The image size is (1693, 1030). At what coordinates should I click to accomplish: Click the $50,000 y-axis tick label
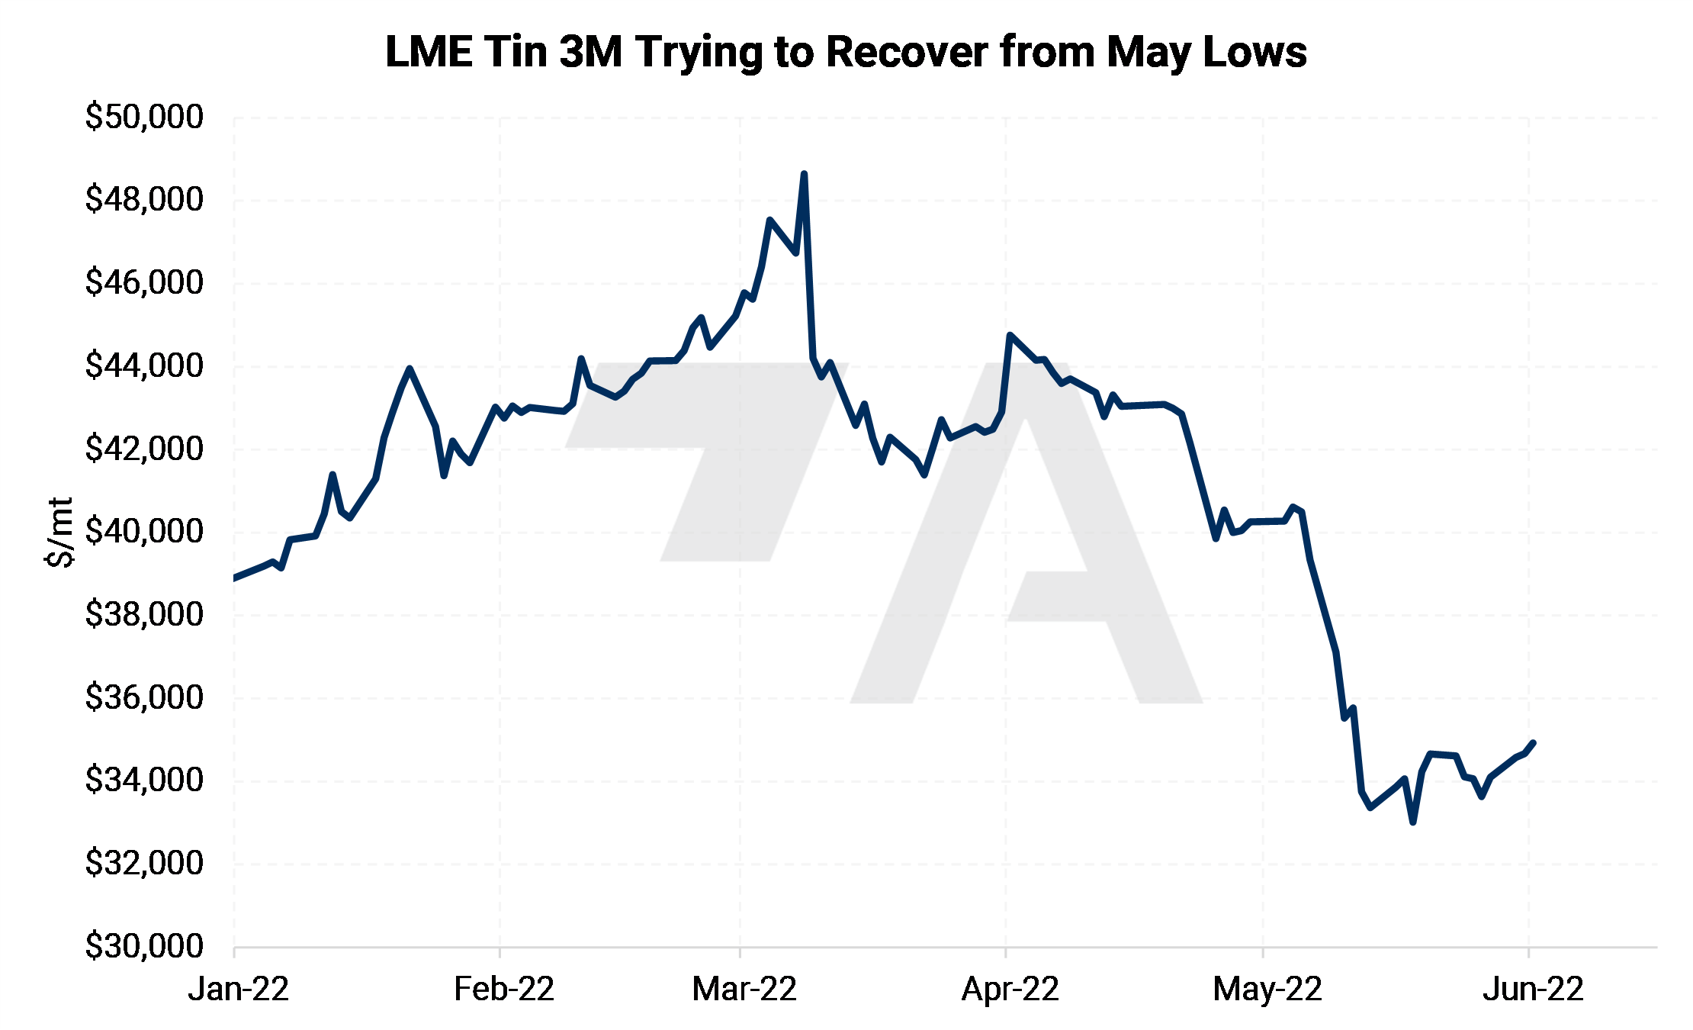pos(144,117)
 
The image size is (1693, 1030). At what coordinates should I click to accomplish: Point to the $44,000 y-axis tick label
pos(144,366)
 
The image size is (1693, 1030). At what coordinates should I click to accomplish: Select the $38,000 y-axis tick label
pos(144,615)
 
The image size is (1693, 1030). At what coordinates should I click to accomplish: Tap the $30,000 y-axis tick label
pos(144,947)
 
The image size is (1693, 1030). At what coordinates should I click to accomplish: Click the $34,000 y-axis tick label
pos(144,781)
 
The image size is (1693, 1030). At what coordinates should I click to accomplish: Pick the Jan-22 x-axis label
pos(238,990)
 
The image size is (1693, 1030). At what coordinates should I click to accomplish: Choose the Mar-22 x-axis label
pos(744,990)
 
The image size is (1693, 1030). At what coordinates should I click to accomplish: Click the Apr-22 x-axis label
pos(1010,990)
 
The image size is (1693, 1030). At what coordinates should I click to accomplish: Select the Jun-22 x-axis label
pos(1533,990)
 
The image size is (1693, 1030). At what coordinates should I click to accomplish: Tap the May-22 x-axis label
pos(1267,990)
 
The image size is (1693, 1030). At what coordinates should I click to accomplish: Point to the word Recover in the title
pos(907,52)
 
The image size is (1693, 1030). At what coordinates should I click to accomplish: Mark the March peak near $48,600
pos(804,174)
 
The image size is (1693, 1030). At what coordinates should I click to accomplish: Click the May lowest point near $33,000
pos(1413,822)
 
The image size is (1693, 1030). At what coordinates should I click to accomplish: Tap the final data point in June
pos(1533,742)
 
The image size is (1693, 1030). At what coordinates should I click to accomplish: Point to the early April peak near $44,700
pos(1010,335)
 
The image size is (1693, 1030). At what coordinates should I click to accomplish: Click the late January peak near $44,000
pos(410,369)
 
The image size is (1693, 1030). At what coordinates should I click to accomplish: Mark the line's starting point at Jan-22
pos(234,578)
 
